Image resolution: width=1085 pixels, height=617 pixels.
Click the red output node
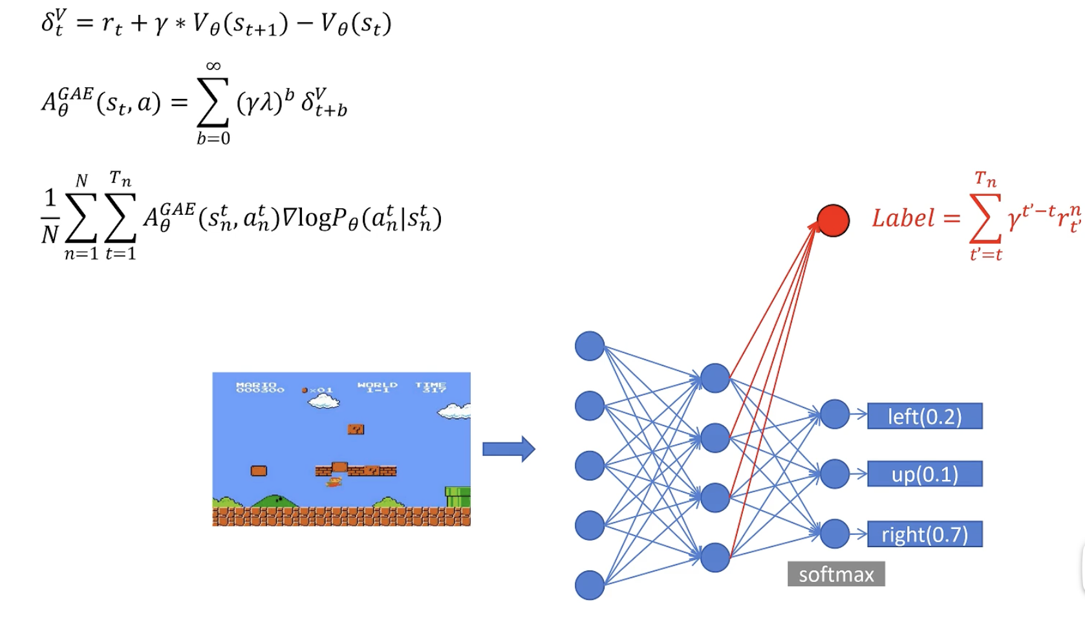[833, 221]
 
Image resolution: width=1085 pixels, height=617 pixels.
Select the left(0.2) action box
[925, 416]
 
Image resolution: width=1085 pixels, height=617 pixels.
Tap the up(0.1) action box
[925, 474]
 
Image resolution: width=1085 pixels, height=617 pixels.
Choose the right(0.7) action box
[925, 534]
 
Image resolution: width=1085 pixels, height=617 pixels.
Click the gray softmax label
[836, 574]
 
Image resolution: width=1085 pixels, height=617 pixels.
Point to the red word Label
[903, 219]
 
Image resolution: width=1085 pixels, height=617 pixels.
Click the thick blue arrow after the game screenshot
[509, 449]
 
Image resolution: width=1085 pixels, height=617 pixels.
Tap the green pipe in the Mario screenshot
[458, 497]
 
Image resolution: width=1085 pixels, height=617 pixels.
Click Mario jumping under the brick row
[334, 482]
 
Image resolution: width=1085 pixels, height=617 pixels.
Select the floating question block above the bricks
[356, 429]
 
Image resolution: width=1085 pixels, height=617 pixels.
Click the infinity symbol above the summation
[213, 66]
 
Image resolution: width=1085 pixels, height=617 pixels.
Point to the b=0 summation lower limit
[213, 138]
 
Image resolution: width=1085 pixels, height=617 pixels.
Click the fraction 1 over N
[50, 216]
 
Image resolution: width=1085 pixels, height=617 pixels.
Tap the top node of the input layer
[590, 346]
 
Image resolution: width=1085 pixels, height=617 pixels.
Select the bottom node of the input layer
[590, 585]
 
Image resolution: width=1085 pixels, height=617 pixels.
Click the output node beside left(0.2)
[835, 415]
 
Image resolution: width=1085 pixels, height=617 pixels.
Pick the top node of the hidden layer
[715, 378]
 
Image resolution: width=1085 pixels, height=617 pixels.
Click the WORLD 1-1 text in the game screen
[378, 387]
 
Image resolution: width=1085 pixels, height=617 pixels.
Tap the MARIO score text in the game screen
[260, 387]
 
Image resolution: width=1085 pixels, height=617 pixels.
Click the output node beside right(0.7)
[835, 534]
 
